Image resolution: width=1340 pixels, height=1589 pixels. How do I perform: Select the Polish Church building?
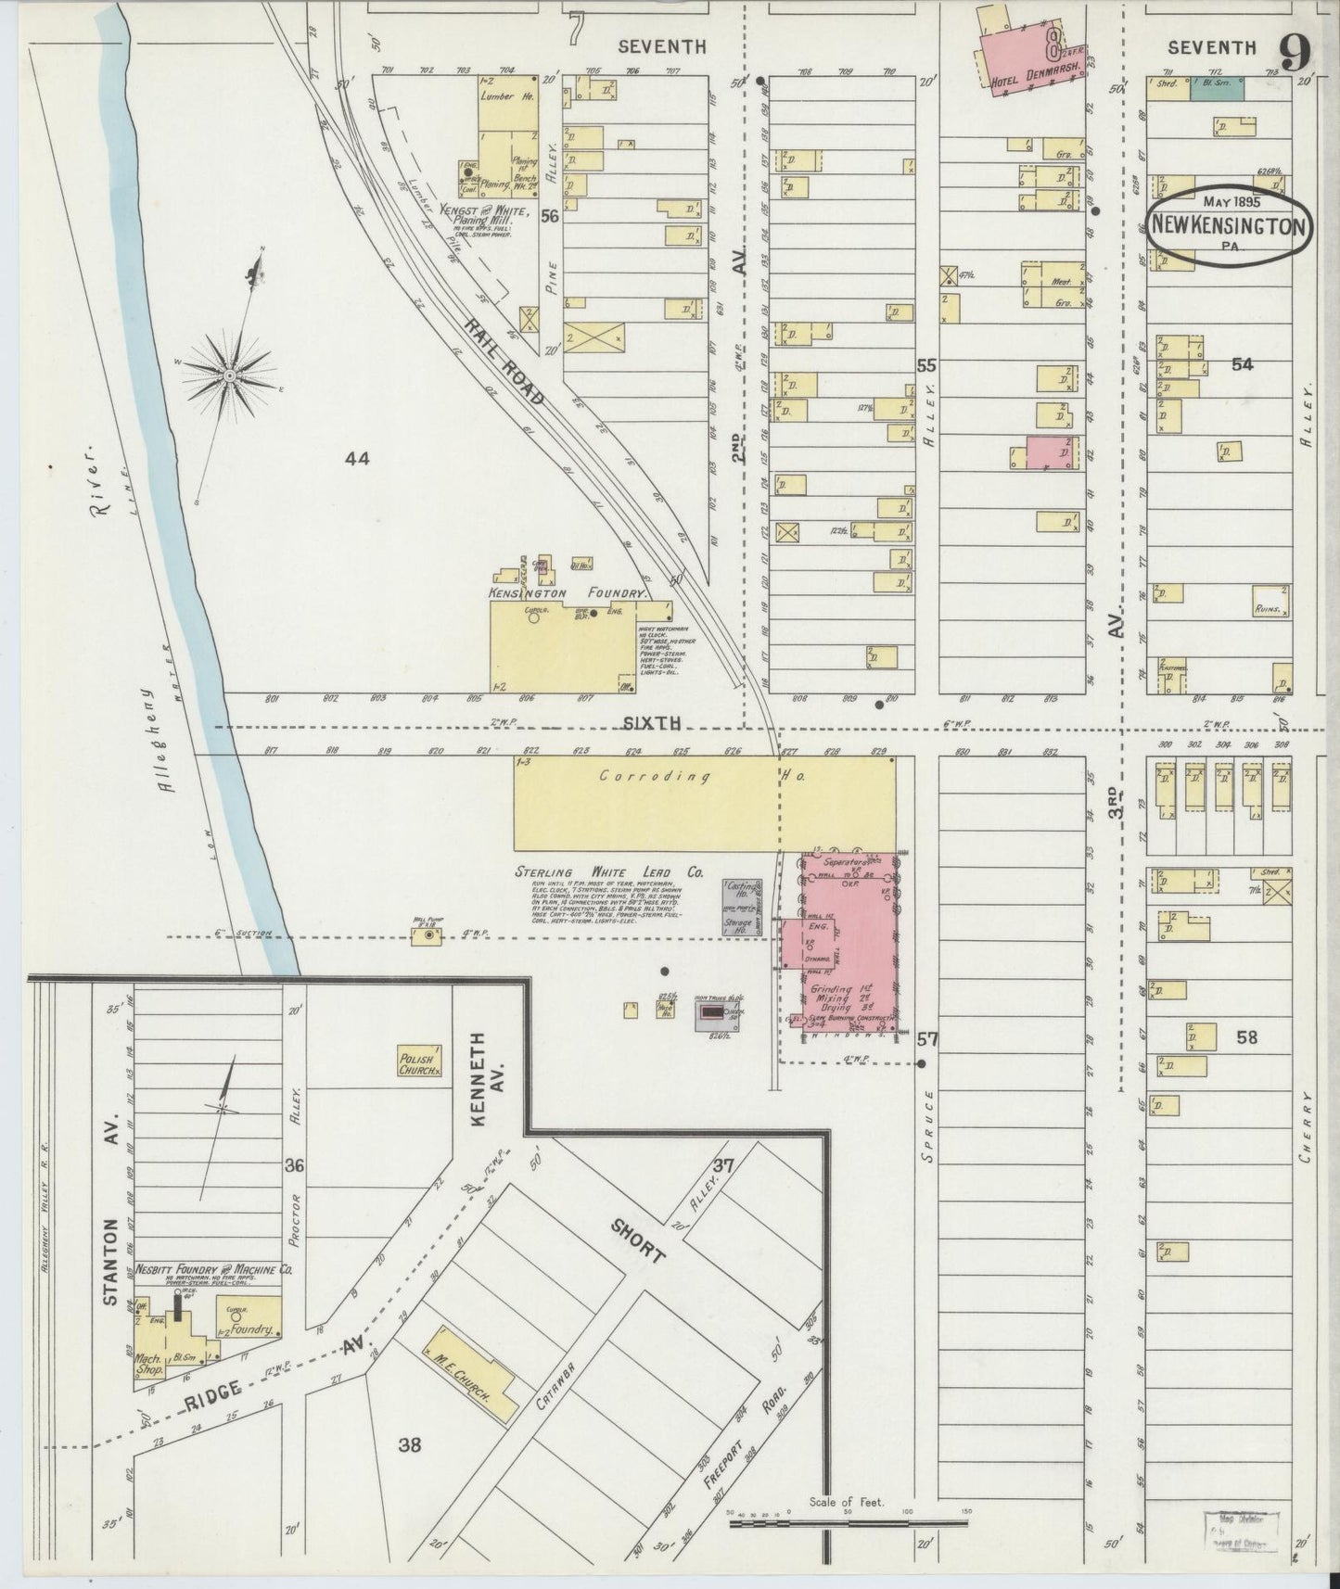coord(419,1061)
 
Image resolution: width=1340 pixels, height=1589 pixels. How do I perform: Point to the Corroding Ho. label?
coord(705,778)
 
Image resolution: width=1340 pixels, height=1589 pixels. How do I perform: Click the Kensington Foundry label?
coord(566,591)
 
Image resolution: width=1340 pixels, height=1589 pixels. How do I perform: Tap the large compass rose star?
coord(229,375)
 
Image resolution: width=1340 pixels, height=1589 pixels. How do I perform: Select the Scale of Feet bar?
coord(849,1521)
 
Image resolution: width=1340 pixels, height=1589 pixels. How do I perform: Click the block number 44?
coord(357,457)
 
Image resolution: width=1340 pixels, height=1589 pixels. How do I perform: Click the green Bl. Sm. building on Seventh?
coord(1217,88)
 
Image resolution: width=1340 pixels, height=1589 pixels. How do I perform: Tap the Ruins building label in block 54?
coord(1270,609)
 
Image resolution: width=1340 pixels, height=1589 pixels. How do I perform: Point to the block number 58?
coord(1246,1036)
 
